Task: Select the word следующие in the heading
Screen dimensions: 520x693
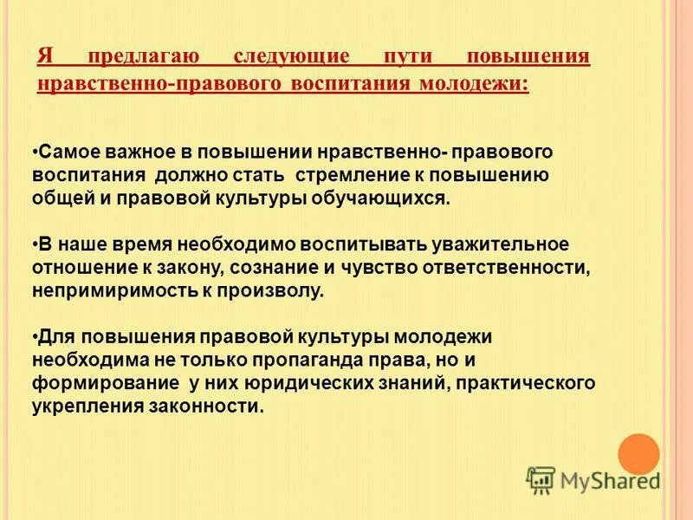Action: [x=292, y=57]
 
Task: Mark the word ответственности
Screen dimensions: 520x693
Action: [x=505, y=268]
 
